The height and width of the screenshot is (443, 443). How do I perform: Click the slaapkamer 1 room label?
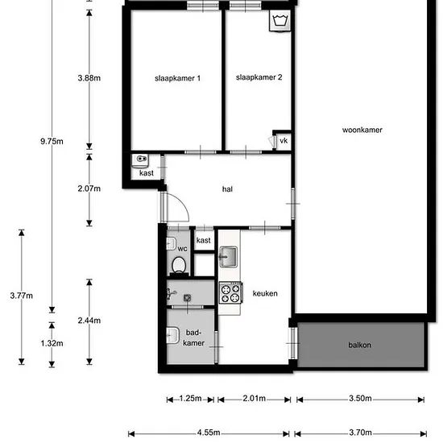[177, 78]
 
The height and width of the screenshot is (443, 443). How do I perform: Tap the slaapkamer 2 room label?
[259, 77]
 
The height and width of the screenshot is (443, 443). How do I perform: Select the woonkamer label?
[362, 130]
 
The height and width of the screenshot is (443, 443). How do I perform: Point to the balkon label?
[359, 345]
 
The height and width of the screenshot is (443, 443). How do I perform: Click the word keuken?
[265, 293]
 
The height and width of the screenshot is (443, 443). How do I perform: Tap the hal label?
[227, 189]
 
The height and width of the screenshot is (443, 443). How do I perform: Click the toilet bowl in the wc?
[179, 265]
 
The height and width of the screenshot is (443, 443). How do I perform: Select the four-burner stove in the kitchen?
[231, 292]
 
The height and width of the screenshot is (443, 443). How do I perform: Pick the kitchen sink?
[228, 257]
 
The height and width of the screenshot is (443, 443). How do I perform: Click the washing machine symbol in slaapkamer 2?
[280, 21]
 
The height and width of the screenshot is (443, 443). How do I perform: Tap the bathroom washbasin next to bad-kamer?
[172, 335]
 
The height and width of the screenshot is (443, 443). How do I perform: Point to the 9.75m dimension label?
[52, 141]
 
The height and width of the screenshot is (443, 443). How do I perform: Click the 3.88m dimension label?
[89, 78]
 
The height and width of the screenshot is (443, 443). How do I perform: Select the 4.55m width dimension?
[209, 433]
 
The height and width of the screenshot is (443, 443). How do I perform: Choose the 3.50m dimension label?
[360, 399]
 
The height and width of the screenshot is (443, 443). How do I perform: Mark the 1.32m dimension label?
[52, 343]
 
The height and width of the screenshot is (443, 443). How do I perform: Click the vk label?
[284, 140]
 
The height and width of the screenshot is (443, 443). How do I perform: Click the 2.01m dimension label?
[255, 399]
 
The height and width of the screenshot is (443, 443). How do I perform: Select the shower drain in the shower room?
[187, 298]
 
